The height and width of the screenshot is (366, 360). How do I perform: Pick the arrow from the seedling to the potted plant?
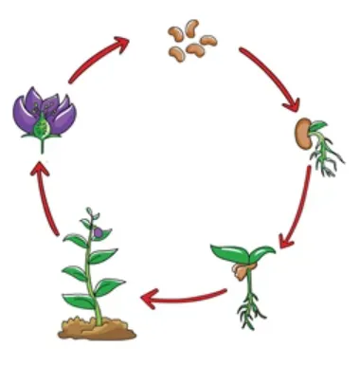185,300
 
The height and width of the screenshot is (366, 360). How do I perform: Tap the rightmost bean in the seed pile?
208,42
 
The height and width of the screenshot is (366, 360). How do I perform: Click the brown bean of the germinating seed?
303,133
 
